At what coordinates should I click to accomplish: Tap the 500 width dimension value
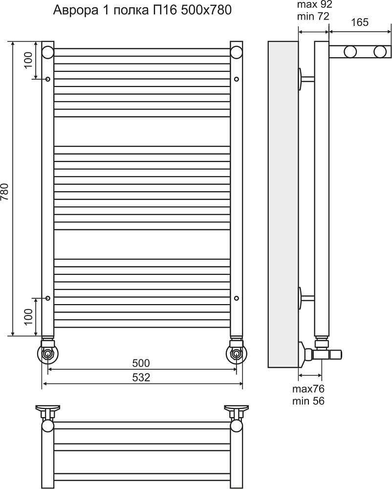point(141,363)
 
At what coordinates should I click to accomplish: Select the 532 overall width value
point(141,378)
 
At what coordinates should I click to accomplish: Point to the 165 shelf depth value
point(360,22)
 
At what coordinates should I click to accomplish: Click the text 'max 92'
point(315,4)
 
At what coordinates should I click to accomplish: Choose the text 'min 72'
point(313,16)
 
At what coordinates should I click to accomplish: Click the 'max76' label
point(308,389)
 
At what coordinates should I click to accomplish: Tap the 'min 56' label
point(308,401)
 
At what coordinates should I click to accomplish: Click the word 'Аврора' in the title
point(73,11)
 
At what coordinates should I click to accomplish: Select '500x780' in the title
point(207,10)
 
